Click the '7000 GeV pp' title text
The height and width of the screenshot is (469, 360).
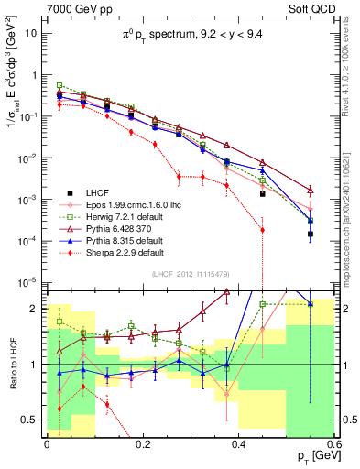point(77,9)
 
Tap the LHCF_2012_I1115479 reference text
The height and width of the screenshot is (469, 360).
point(197,274)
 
